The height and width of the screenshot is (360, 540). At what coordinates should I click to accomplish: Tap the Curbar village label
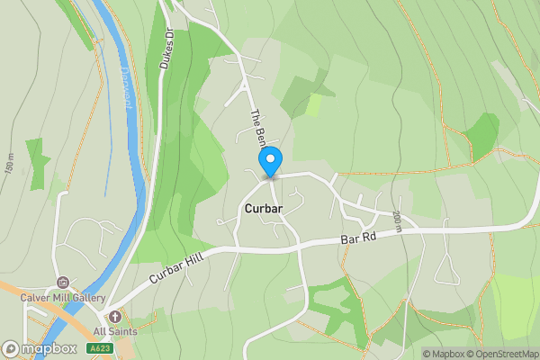click(263, 209)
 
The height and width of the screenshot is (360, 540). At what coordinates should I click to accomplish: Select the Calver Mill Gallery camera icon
click(62, 283)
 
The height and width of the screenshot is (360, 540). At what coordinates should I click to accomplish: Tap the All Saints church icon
click(114, 317)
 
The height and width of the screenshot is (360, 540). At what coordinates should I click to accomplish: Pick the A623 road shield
click(99, 348)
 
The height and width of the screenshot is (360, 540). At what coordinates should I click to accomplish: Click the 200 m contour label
click(397, 220)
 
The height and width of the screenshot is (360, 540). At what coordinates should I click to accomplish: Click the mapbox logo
click(40, 348)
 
